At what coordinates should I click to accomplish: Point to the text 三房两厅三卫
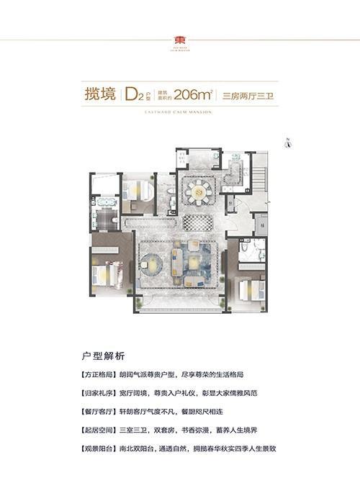[x=248, y=94]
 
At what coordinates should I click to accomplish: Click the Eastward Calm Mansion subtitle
[x=179, y=110]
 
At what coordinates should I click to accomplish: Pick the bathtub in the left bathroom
[x=108, y=202]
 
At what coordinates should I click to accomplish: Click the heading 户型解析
[x=104, y=356]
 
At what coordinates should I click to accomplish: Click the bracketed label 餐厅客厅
[x=99, y=412]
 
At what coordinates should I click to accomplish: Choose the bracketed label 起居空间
[x=99, y=430]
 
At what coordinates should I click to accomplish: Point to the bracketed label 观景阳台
[x=99, y=449]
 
